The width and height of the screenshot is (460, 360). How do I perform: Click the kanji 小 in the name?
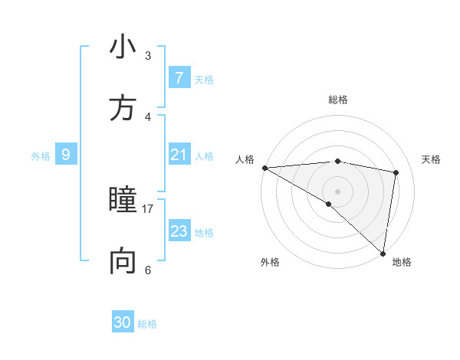tap(123, 47)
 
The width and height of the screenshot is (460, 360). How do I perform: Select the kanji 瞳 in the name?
tap(123, 201)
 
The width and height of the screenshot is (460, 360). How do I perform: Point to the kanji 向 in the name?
tap(123, 262)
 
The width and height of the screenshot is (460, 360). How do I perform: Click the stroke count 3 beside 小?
tap(148, 56)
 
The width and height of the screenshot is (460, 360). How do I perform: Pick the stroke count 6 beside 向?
tap(148, 270)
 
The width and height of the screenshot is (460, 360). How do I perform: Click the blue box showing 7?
tap(179, 78)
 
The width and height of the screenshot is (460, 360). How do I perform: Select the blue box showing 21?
tap(179, 155)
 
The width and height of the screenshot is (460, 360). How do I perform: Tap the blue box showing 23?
tap(179, 231)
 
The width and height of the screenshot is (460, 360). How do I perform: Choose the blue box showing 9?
tap(66, 155)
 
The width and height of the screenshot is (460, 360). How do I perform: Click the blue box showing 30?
tap(123, 322)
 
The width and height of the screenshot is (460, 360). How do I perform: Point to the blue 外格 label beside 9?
tap(41, 156)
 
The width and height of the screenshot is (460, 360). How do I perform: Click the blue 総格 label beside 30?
tap(147, 324)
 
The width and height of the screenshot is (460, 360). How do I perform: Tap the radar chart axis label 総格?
tap(338, 100)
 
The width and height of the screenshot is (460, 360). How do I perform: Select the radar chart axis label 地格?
tap(402, 262)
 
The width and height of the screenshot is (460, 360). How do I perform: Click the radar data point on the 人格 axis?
tap(264, 168)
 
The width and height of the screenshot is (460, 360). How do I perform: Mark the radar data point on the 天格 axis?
tap(396, 172)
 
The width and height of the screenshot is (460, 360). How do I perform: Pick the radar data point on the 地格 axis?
tap(383, 253)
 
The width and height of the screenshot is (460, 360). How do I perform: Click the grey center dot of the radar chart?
tap(337, 191)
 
